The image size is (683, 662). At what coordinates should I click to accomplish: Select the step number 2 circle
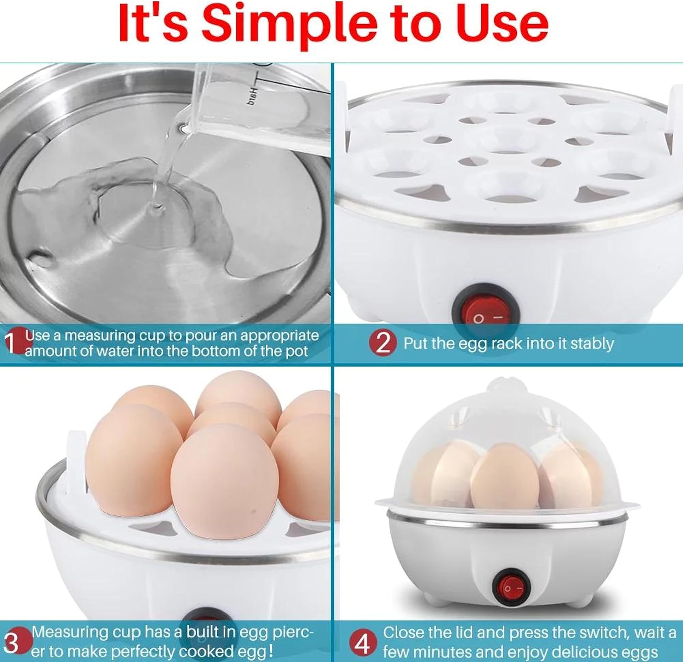click(x=383, y=343)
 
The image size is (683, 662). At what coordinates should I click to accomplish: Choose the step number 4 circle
click(x=362, y=643)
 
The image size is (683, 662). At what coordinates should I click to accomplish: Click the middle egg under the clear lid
click(x=504, y=477)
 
